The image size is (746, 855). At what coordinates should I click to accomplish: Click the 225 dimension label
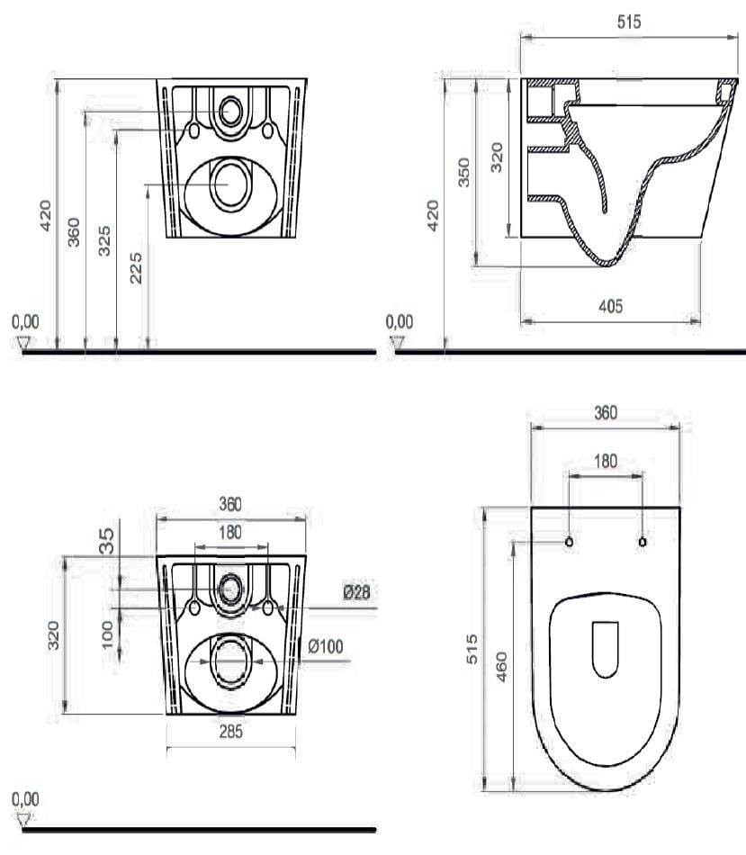click(x=136, y=267)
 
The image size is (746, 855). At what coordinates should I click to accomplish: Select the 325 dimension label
click(x=104, y=240)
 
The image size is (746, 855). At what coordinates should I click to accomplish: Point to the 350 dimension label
click(x=463, y=172)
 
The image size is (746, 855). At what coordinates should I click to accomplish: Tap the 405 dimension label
click(x=610, y=306)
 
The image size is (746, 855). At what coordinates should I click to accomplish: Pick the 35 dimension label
click(x=107, y=540)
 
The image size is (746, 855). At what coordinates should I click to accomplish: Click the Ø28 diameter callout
click(x=356, y=591)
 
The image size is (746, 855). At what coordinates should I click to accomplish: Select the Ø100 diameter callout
click(x=326, y=647)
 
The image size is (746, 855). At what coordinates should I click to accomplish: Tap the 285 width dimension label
click(x=230, y=732)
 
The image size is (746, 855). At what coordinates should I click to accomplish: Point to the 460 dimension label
click(x=502, y=666)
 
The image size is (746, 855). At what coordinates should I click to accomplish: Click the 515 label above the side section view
click(x=629, y=22)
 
